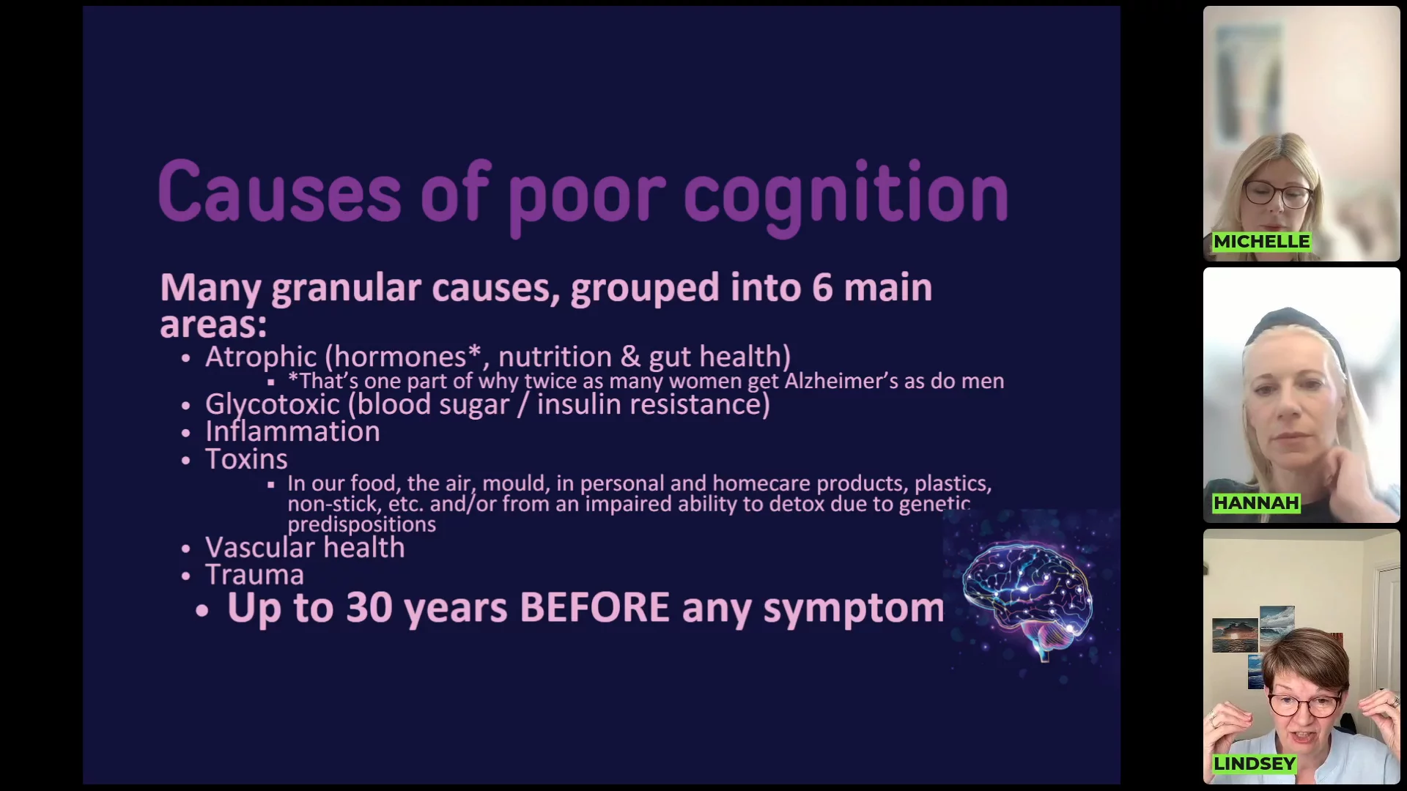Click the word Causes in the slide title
(x=279, y=192)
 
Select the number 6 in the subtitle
(x=822, y=287)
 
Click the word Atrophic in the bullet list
(x=261, y=357)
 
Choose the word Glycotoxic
(x=273, y=405)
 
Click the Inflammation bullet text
(x=292, y=431)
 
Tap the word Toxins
(x=246, y=459)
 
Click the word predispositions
(x=361, y=525)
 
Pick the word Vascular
(x=260, y=548)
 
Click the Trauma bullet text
(x=254, y=575)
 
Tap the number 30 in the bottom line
(x=369, y=608)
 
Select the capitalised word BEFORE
(x=594, y=608)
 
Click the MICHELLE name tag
(x=1261, y=242)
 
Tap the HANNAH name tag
(x=1256, y=503)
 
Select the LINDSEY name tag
(x=1255, y=764)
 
